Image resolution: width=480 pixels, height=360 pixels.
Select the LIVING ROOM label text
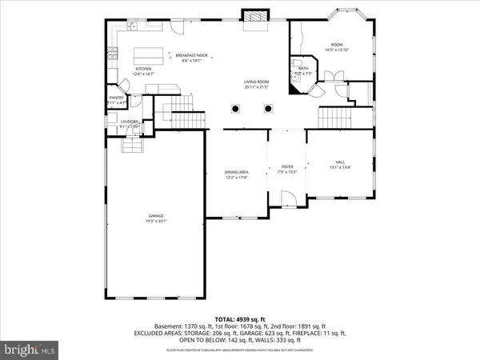pyautogui.click(x=257, y=82)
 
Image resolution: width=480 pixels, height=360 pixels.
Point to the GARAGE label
pyautogui.click(x=157, y=216)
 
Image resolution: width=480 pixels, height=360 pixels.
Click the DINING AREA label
pyautogui.click(x=236, y=173)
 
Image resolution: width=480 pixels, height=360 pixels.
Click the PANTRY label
pyautogui.click(x=117, y=98)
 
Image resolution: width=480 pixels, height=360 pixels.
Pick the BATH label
pyautogui.click(x=303, y=69)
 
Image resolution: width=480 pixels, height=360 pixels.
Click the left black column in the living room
pyautogui.click(x=235, y=109)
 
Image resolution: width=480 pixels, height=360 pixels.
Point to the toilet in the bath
pyautogui.click(x=296, y=63)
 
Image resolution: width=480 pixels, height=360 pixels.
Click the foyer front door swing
pyautogui.click(x=287, y=198)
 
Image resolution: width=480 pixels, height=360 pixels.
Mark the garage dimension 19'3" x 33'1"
pyautogui.click(x=157, y=221)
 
